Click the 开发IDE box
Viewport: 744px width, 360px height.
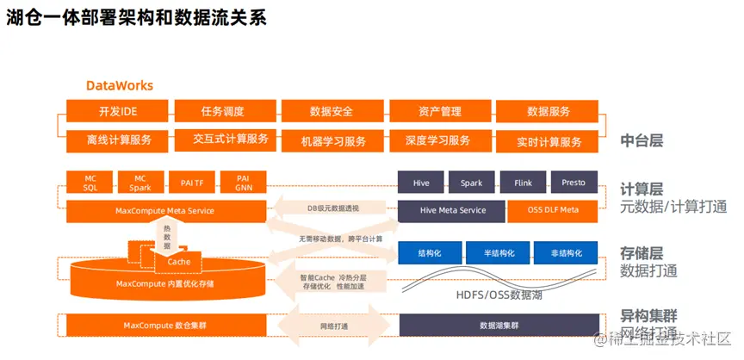118,111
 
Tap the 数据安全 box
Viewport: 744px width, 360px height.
332,111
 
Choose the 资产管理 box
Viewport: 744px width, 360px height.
440,111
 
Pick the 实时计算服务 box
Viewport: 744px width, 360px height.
549,140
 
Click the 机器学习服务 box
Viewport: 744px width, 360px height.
332,140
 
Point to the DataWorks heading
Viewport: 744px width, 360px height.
120,85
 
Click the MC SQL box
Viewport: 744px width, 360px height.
90,183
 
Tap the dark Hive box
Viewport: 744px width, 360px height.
420,183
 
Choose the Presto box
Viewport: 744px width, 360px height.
573,183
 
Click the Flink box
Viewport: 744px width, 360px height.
523,183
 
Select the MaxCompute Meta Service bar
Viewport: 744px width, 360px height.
164,210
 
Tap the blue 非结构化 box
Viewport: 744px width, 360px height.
564,252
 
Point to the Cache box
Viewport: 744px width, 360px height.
178,261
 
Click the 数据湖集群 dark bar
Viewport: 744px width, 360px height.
499,326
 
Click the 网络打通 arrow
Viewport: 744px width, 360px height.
333,326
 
